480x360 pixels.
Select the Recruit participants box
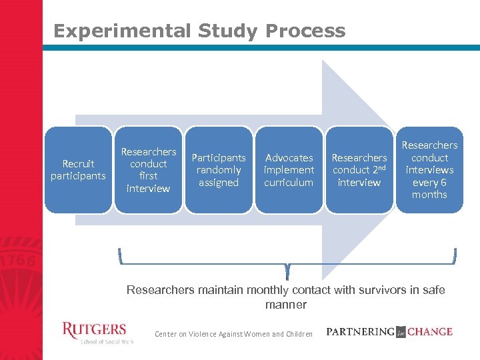click(79, 170)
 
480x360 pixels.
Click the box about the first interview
click(148, 170)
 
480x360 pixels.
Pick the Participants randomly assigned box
click(219, 170)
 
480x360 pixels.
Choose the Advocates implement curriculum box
click(289, 170)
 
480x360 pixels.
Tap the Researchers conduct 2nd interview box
click(359, 170)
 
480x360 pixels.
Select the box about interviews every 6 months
click(429, 170)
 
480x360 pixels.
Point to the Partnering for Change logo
click(389, 331)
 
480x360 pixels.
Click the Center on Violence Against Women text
click(233, 334)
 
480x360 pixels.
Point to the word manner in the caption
click(285, 305)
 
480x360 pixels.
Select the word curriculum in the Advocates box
click(289, 183)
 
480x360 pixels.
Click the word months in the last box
click(429, 195)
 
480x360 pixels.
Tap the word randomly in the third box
click(219, 170)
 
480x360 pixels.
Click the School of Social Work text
click(107, 341)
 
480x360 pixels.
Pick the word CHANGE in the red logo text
click(430, 331)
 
